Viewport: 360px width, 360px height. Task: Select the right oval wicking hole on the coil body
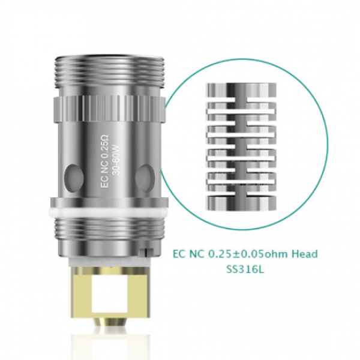144,177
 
